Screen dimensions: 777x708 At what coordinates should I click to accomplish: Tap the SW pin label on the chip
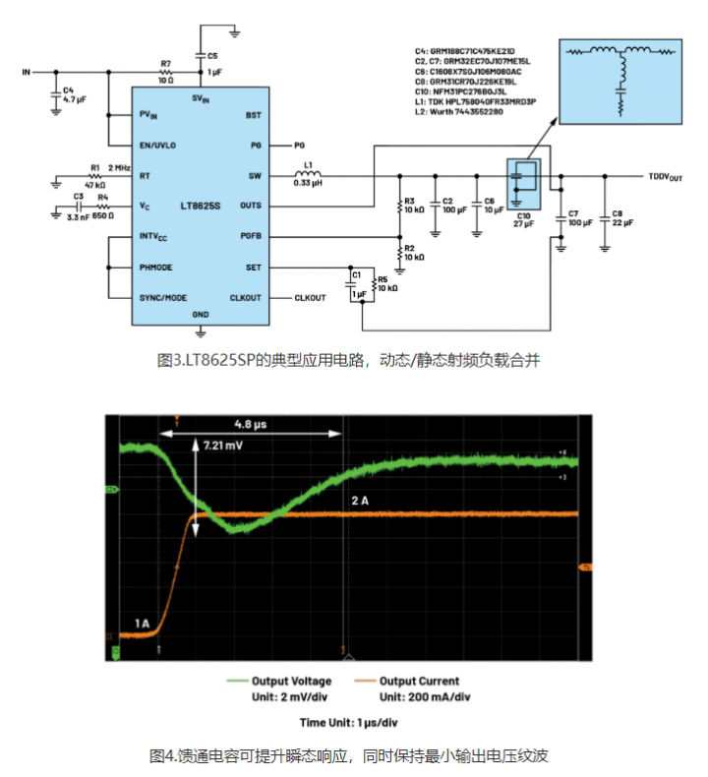(x=255, y=177)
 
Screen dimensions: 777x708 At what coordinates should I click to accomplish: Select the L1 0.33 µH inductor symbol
(x=309, y=176)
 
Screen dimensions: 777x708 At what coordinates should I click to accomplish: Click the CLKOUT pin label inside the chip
(x=245, y=297)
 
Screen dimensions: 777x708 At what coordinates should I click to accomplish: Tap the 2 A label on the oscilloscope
(x=362, y=501)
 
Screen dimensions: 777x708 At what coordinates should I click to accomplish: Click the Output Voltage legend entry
(x=292, y=681)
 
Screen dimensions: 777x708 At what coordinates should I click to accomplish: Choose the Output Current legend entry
(x=419, y=681)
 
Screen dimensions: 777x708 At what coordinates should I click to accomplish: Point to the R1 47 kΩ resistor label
(x=95, y=176)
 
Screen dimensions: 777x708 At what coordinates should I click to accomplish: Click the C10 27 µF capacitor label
(x=522, y=219)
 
